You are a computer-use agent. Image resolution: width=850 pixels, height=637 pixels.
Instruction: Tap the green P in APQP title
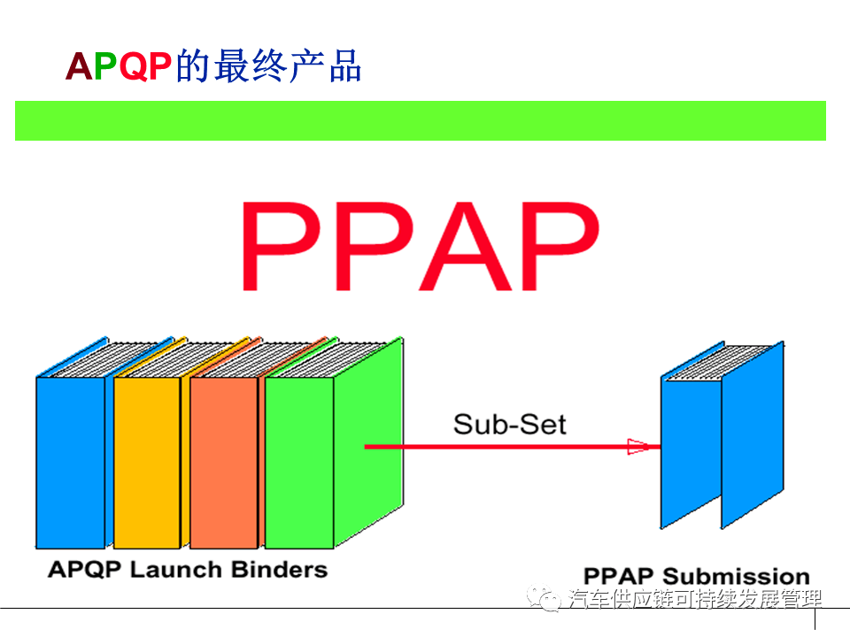point(104,67)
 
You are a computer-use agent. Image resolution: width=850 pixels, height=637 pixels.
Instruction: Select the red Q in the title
point(132,67)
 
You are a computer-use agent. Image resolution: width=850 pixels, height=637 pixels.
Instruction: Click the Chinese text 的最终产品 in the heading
point(268,67)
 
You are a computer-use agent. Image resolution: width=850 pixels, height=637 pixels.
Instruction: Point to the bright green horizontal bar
point(421,120)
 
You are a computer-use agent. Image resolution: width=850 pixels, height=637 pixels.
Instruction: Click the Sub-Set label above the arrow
point(509,424)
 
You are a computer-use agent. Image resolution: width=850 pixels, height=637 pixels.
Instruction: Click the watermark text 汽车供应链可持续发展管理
point(695,600)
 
